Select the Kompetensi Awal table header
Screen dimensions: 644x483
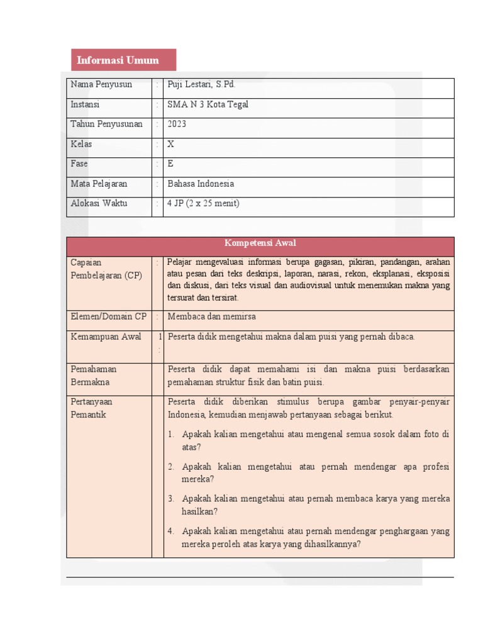click(x=260, y=243)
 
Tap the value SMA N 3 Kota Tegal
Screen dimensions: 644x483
click(x=208, y=104)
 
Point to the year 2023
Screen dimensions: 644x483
click(x=177, y=125)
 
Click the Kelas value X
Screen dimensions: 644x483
click(x=170, y=144)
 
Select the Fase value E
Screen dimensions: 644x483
click(x=170, y=164)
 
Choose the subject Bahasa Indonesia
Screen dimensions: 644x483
click(x=201, y=184)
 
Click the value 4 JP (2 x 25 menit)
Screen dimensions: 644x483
click(x=203, y=203)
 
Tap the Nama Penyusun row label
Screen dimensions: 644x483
click(x=101, y=84)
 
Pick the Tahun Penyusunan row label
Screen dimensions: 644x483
click(x=106, y=125)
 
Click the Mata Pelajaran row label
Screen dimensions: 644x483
click(x=99, y=184)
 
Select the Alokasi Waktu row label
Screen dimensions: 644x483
click(x=99, y=203)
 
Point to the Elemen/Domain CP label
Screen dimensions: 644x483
click(x=108, y=317)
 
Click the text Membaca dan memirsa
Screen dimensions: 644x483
click(x=212, y=317)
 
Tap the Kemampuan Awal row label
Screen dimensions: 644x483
click(x=106, y=337)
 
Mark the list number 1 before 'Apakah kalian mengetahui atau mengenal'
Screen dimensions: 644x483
click(x=170, y=435)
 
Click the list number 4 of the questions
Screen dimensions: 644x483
click(x=170, y=531)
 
